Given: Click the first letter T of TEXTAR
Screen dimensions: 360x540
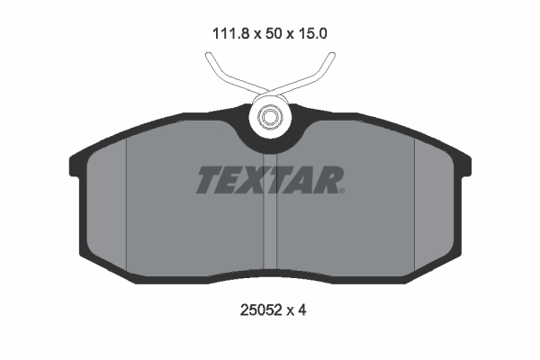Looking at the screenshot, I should tap(208, 180).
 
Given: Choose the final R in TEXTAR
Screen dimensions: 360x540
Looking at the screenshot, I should tap(326, 180).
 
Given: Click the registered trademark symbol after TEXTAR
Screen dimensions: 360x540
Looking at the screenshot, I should tap(341, 190).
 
